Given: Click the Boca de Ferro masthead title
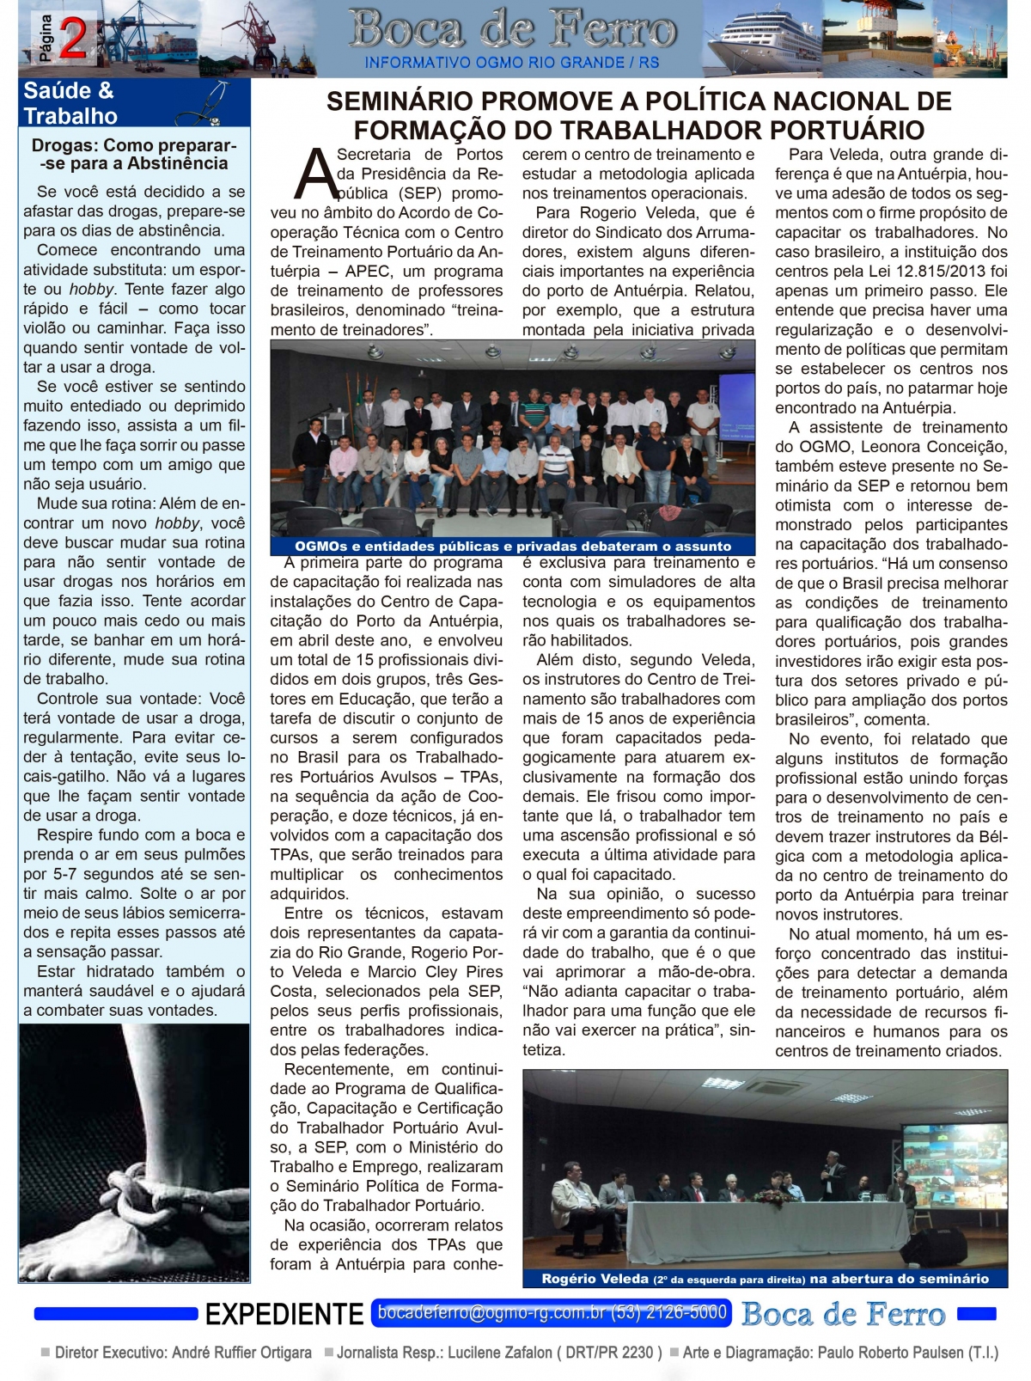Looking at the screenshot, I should (x=512, y=31).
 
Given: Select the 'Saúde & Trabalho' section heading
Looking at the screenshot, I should (x=70, y=103).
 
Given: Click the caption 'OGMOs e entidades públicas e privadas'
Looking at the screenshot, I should (x=513, y=546).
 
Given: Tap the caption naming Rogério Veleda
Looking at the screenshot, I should (x=765, y=1278).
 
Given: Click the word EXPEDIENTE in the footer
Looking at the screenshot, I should (x=284, y=1314).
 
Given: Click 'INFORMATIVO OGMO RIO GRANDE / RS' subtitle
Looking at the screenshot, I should (x=512, y=63).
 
